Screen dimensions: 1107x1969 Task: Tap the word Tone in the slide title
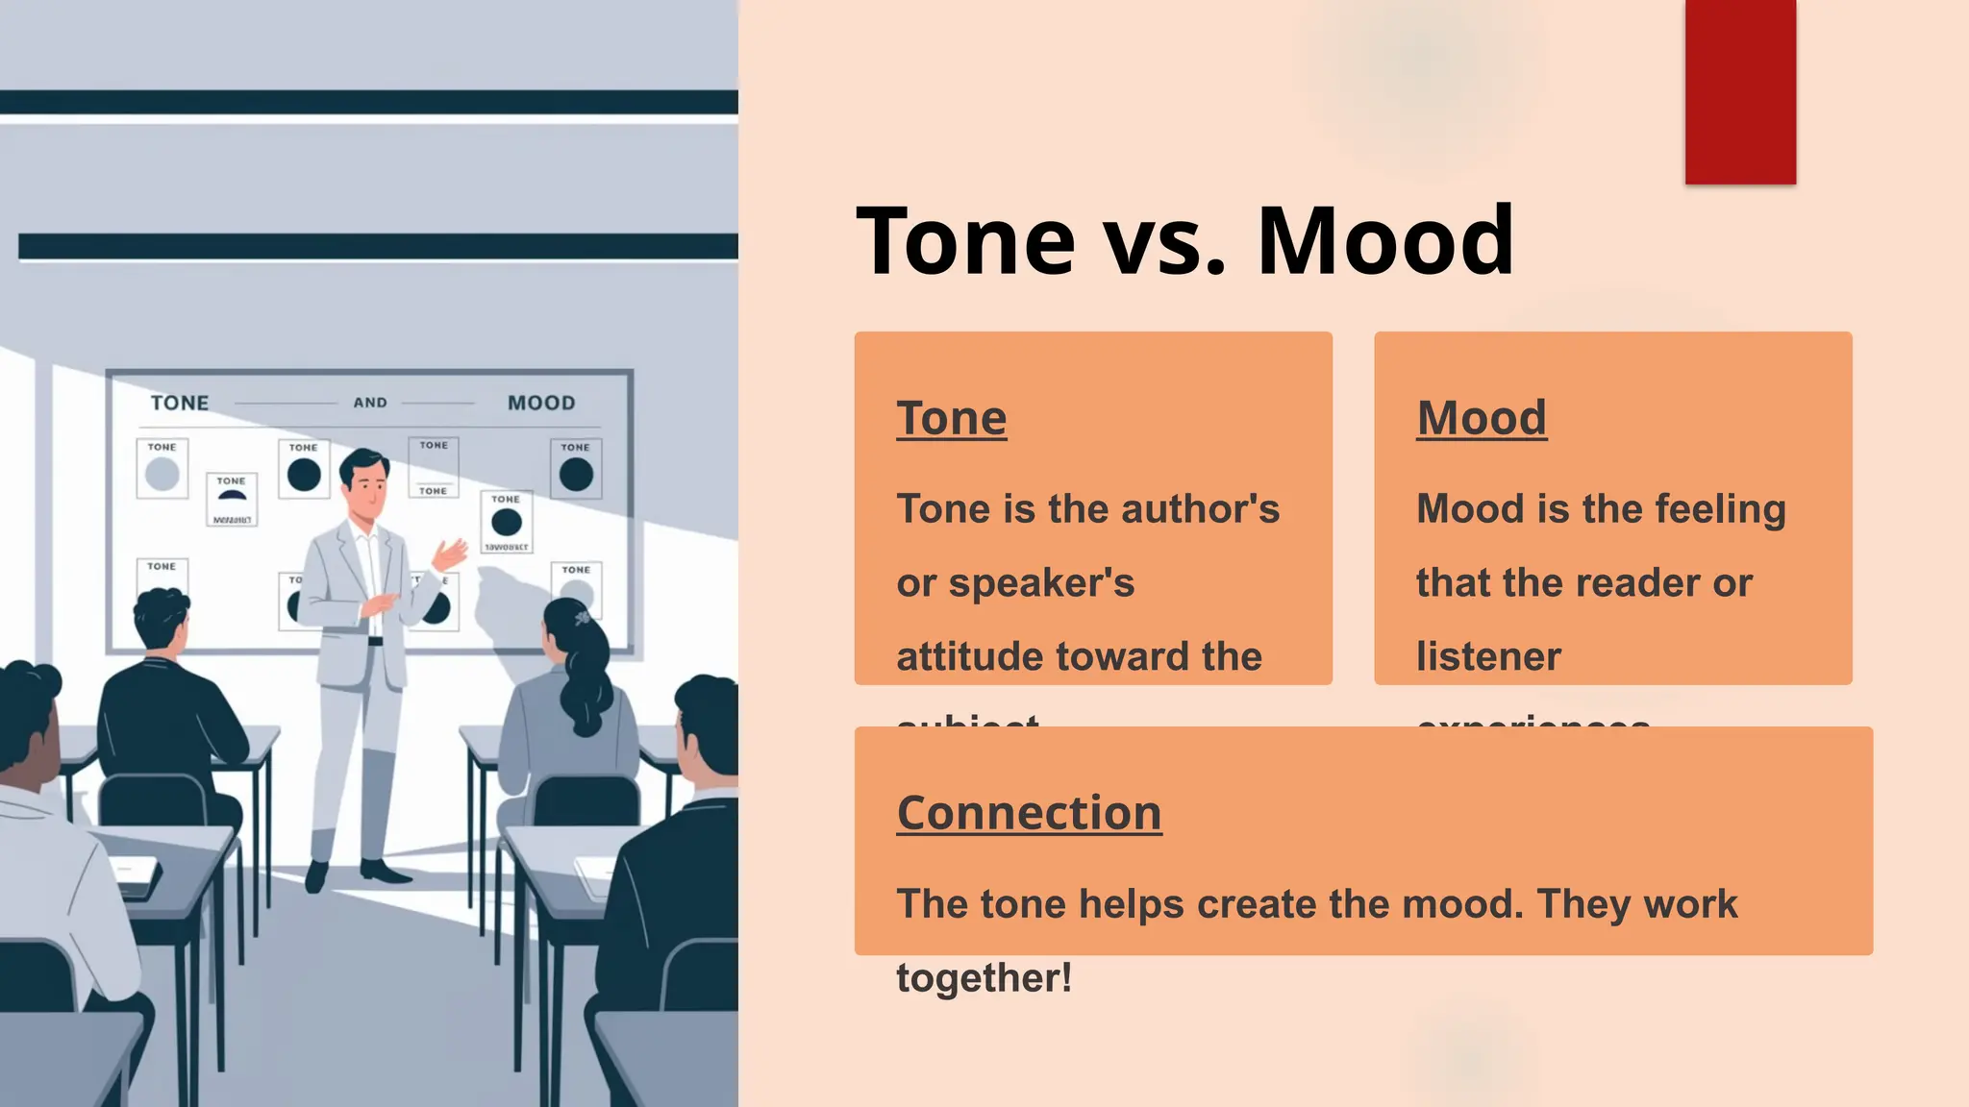pyautogui.click(x=965, y=240)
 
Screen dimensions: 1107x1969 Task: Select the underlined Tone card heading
pyautogui.click(x=951, y=418)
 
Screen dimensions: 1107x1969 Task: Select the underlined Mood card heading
pyautogui.click(x=1481, y=418)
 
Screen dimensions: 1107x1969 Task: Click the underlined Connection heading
pyautogui.click(x=1029, y=813)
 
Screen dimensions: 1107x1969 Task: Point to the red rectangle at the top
pyautogui.click(x=1740, y=91)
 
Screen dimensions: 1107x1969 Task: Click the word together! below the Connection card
pyautogui.click(x=984, y=978)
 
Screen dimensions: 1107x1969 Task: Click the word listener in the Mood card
pyautogui.click(x=1488, y=657)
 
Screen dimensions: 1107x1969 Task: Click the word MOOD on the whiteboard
pyautogui.click(x=541, y=404)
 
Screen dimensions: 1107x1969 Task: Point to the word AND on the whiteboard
pyautogui.click(x=370, y=403)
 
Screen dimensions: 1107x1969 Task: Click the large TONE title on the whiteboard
pyautogui.click(x=180, y=404)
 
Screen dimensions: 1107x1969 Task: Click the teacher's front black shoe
pyautogui.click(x=385, y=873)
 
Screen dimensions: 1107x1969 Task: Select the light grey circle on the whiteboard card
pyautogui.click(x=162, y=474)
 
